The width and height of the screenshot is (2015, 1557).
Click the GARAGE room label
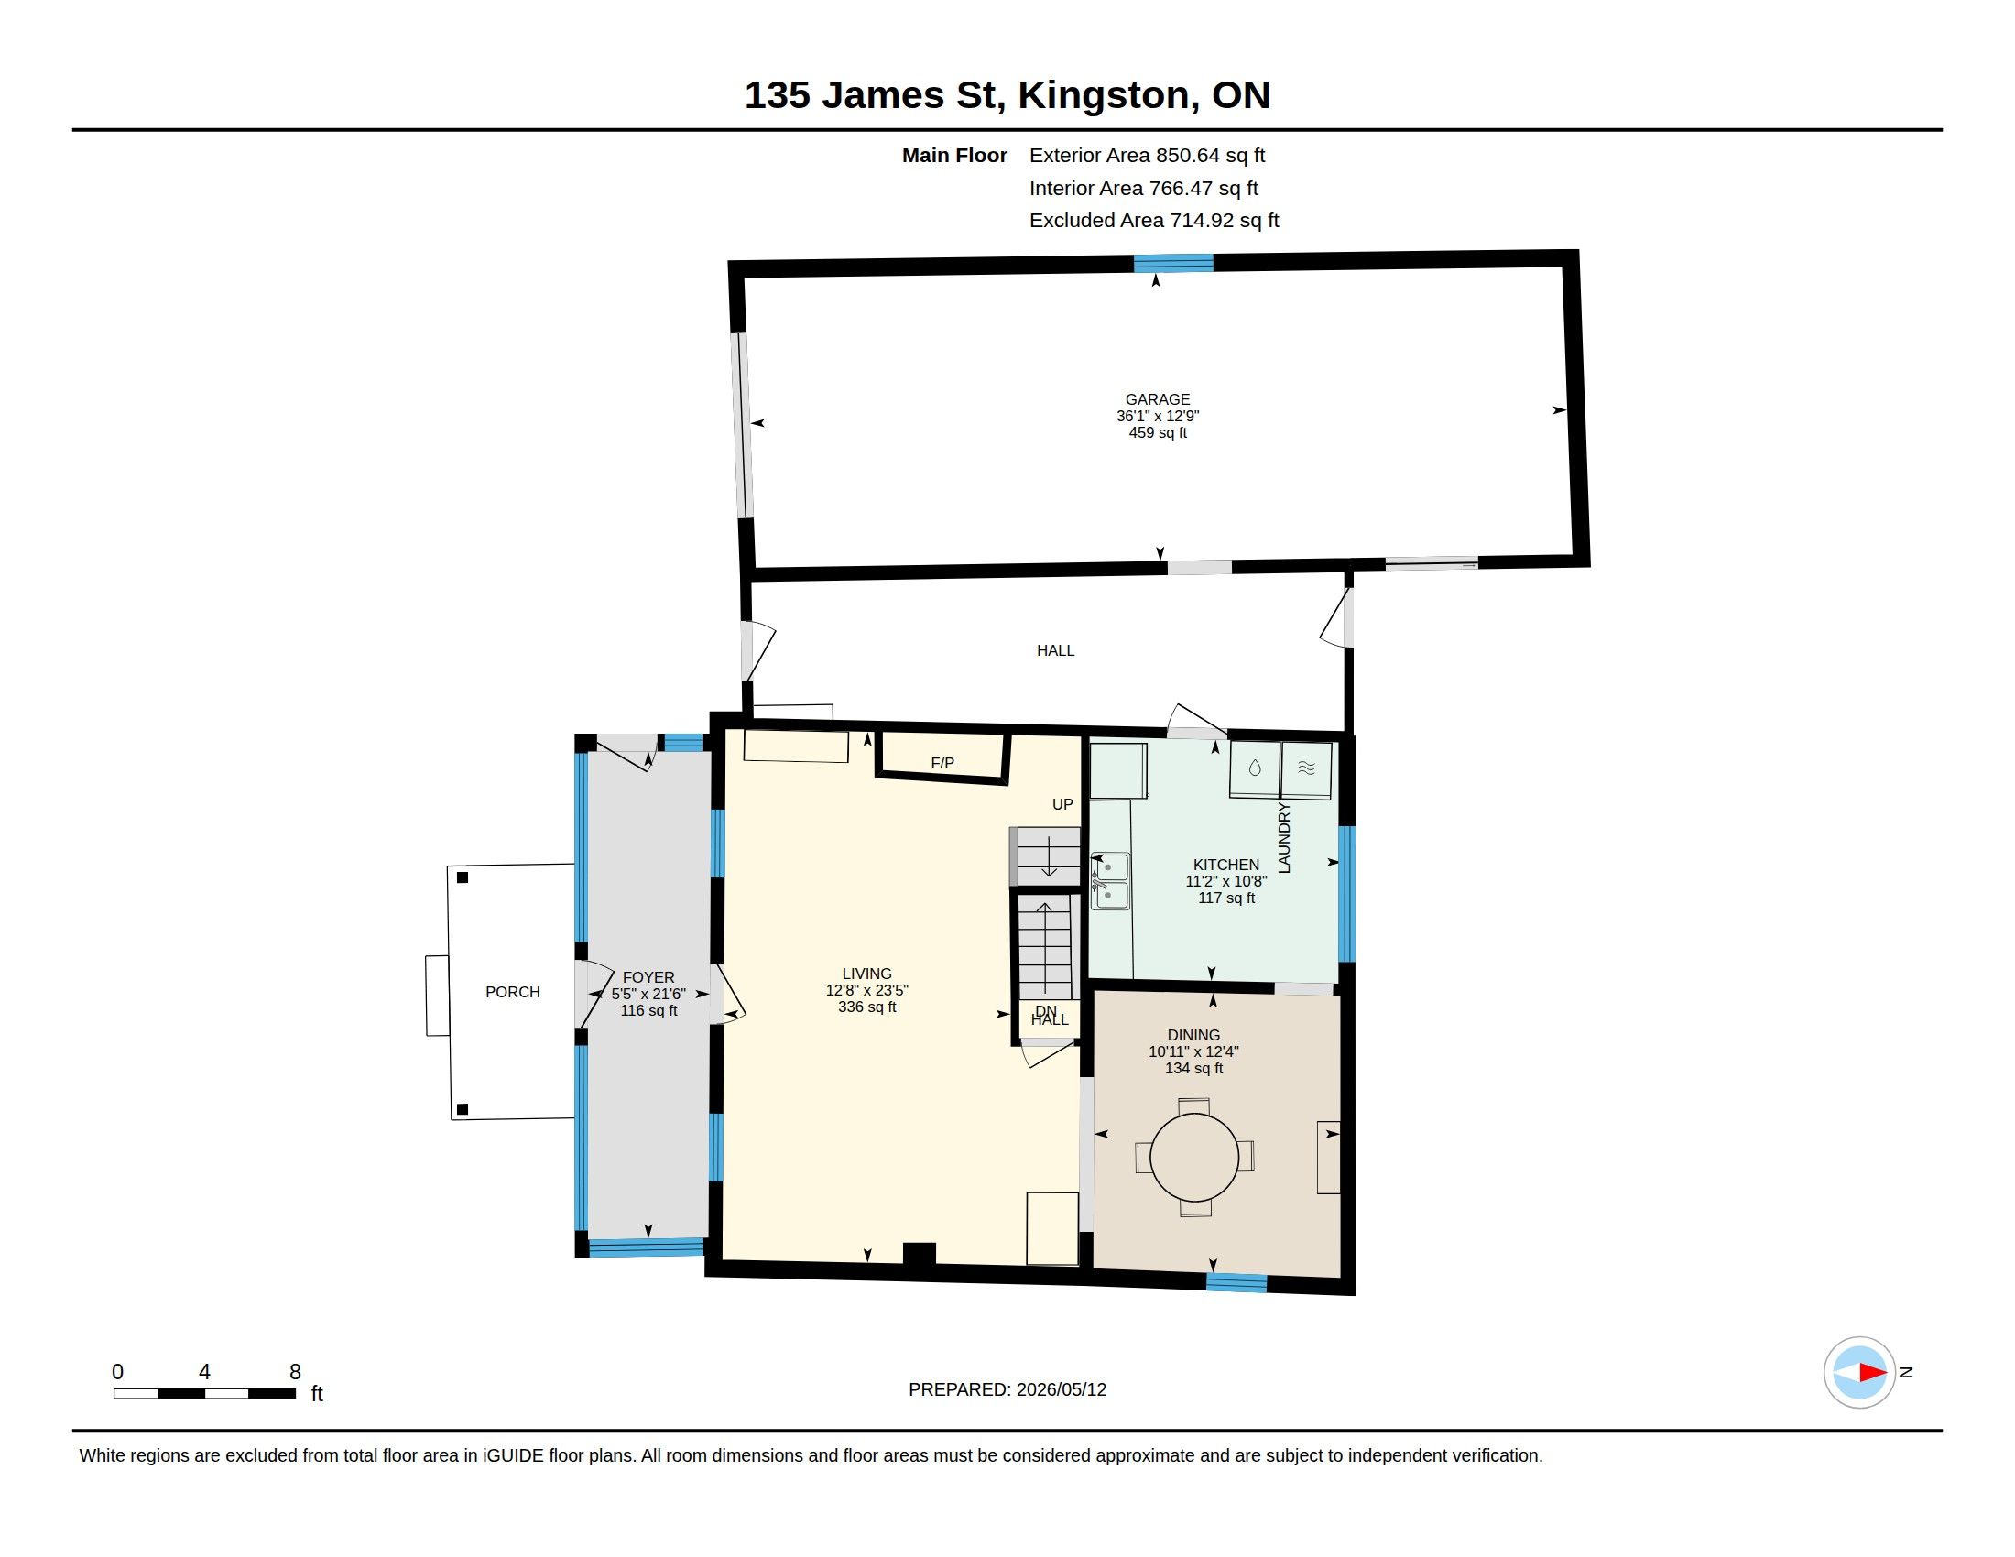click(1157, 399)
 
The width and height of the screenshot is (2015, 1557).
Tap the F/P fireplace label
click(942, 763)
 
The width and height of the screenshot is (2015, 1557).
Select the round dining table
click(1194, 1157)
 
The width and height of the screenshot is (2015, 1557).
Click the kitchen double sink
click(1110, 881)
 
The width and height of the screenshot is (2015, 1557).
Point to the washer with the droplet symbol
click(1255, 769)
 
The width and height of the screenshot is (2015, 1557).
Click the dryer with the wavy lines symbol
click(1306, 770)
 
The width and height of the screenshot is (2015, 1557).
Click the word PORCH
click(513, 992)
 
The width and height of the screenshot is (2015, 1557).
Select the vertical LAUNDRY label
click(1283, 837)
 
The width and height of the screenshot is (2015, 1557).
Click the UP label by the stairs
click(1062, 804)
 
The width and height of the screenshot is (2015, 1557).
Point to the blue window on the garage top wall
click(1173, 263)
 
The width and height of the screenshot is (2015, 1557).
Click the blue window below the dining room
click(1236, 1282)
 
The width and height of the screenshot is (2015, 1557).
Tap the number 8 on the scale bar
click(295, 1372)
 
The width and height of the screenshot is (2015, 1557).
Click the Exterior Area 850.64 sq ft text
click(1147, 155)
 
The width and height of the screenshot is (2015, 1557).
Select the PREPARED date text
click(1007, 1389)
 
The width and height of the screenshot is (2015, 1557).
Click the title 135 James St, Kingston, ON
click(1007, 95)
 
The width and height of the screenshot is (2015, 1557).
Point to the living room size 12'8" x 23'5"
click(867, 990)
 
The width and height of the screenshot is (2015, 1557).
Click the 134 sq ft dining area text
click(1193, 1068)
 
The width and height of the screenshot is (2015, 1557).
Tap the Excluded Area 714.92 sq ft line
click(1154, 221)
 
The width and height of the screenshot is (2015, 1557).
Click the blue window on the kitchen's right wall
click(1346, 894)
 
